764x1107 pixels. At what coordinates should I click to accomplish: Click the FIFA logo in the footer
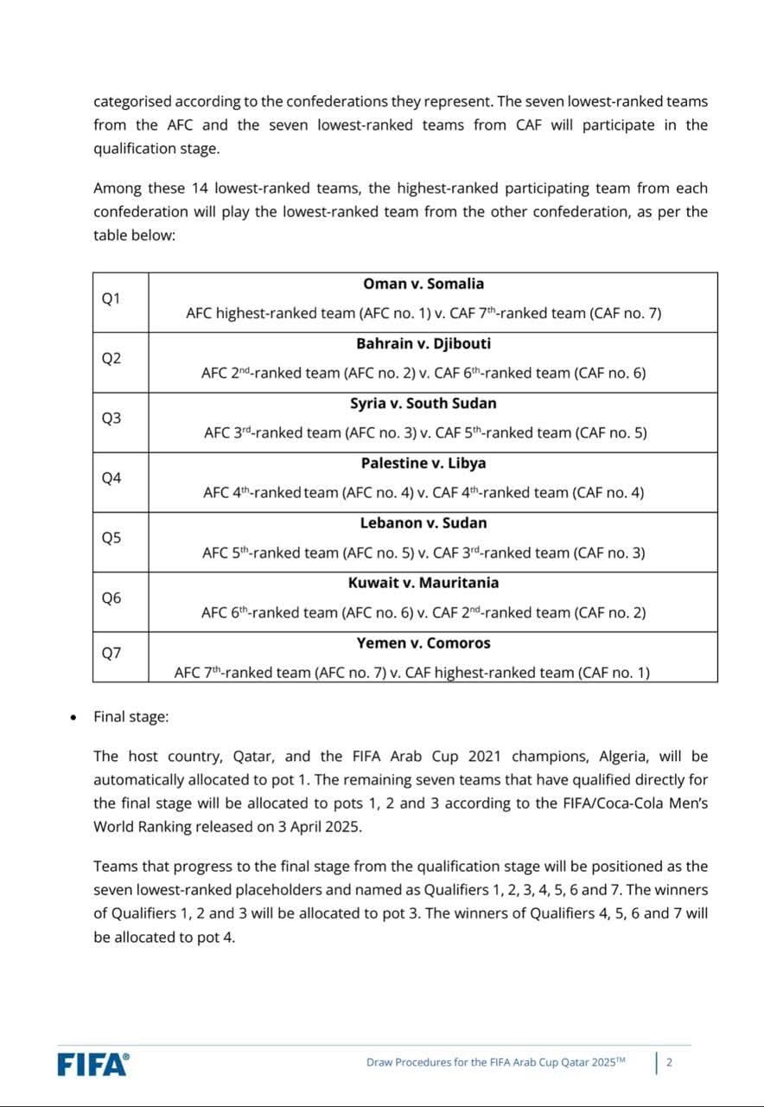93,1063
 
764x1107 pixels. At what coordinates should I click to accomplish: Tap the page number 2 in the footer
669,1063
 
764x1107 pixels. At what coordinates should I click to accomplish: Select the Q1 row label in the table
111,299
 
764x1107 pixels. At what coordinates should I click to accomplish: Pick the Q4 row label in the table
111,478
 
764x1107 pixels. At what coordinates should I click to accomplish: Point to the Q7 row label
111,654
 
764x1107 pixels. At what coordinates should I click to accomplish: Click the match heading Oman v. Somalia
423,284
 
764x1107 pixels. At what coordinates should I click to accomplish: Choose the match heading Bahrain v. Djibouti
423,343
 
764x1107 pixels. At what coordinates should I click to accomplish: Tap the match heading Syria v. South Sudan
423,403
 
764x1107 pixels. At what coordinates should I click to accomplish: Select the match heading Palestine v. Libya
423,463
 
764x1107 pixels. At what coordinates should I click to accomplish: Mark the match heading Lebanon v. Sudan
423,522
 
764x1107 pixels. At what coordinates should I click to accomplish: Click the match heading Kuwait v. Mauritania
423,582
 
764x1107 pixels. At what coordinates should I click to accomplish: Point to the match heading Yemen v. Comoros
423,643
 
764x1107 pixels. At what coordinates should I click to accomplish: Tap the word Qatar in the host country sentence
252,756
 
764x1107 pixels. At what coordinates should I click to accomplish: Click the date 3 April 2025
320,826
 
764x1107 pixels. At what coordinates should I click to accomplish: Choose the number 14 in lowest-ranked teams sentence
197,188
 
